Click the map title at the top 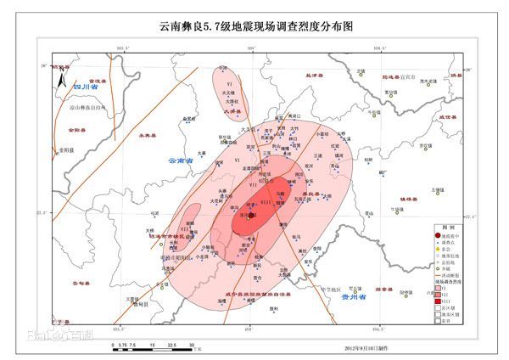pos(255,26)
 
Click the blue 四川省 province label pos(87,87)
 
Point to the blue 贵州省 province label pos(350,299)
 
